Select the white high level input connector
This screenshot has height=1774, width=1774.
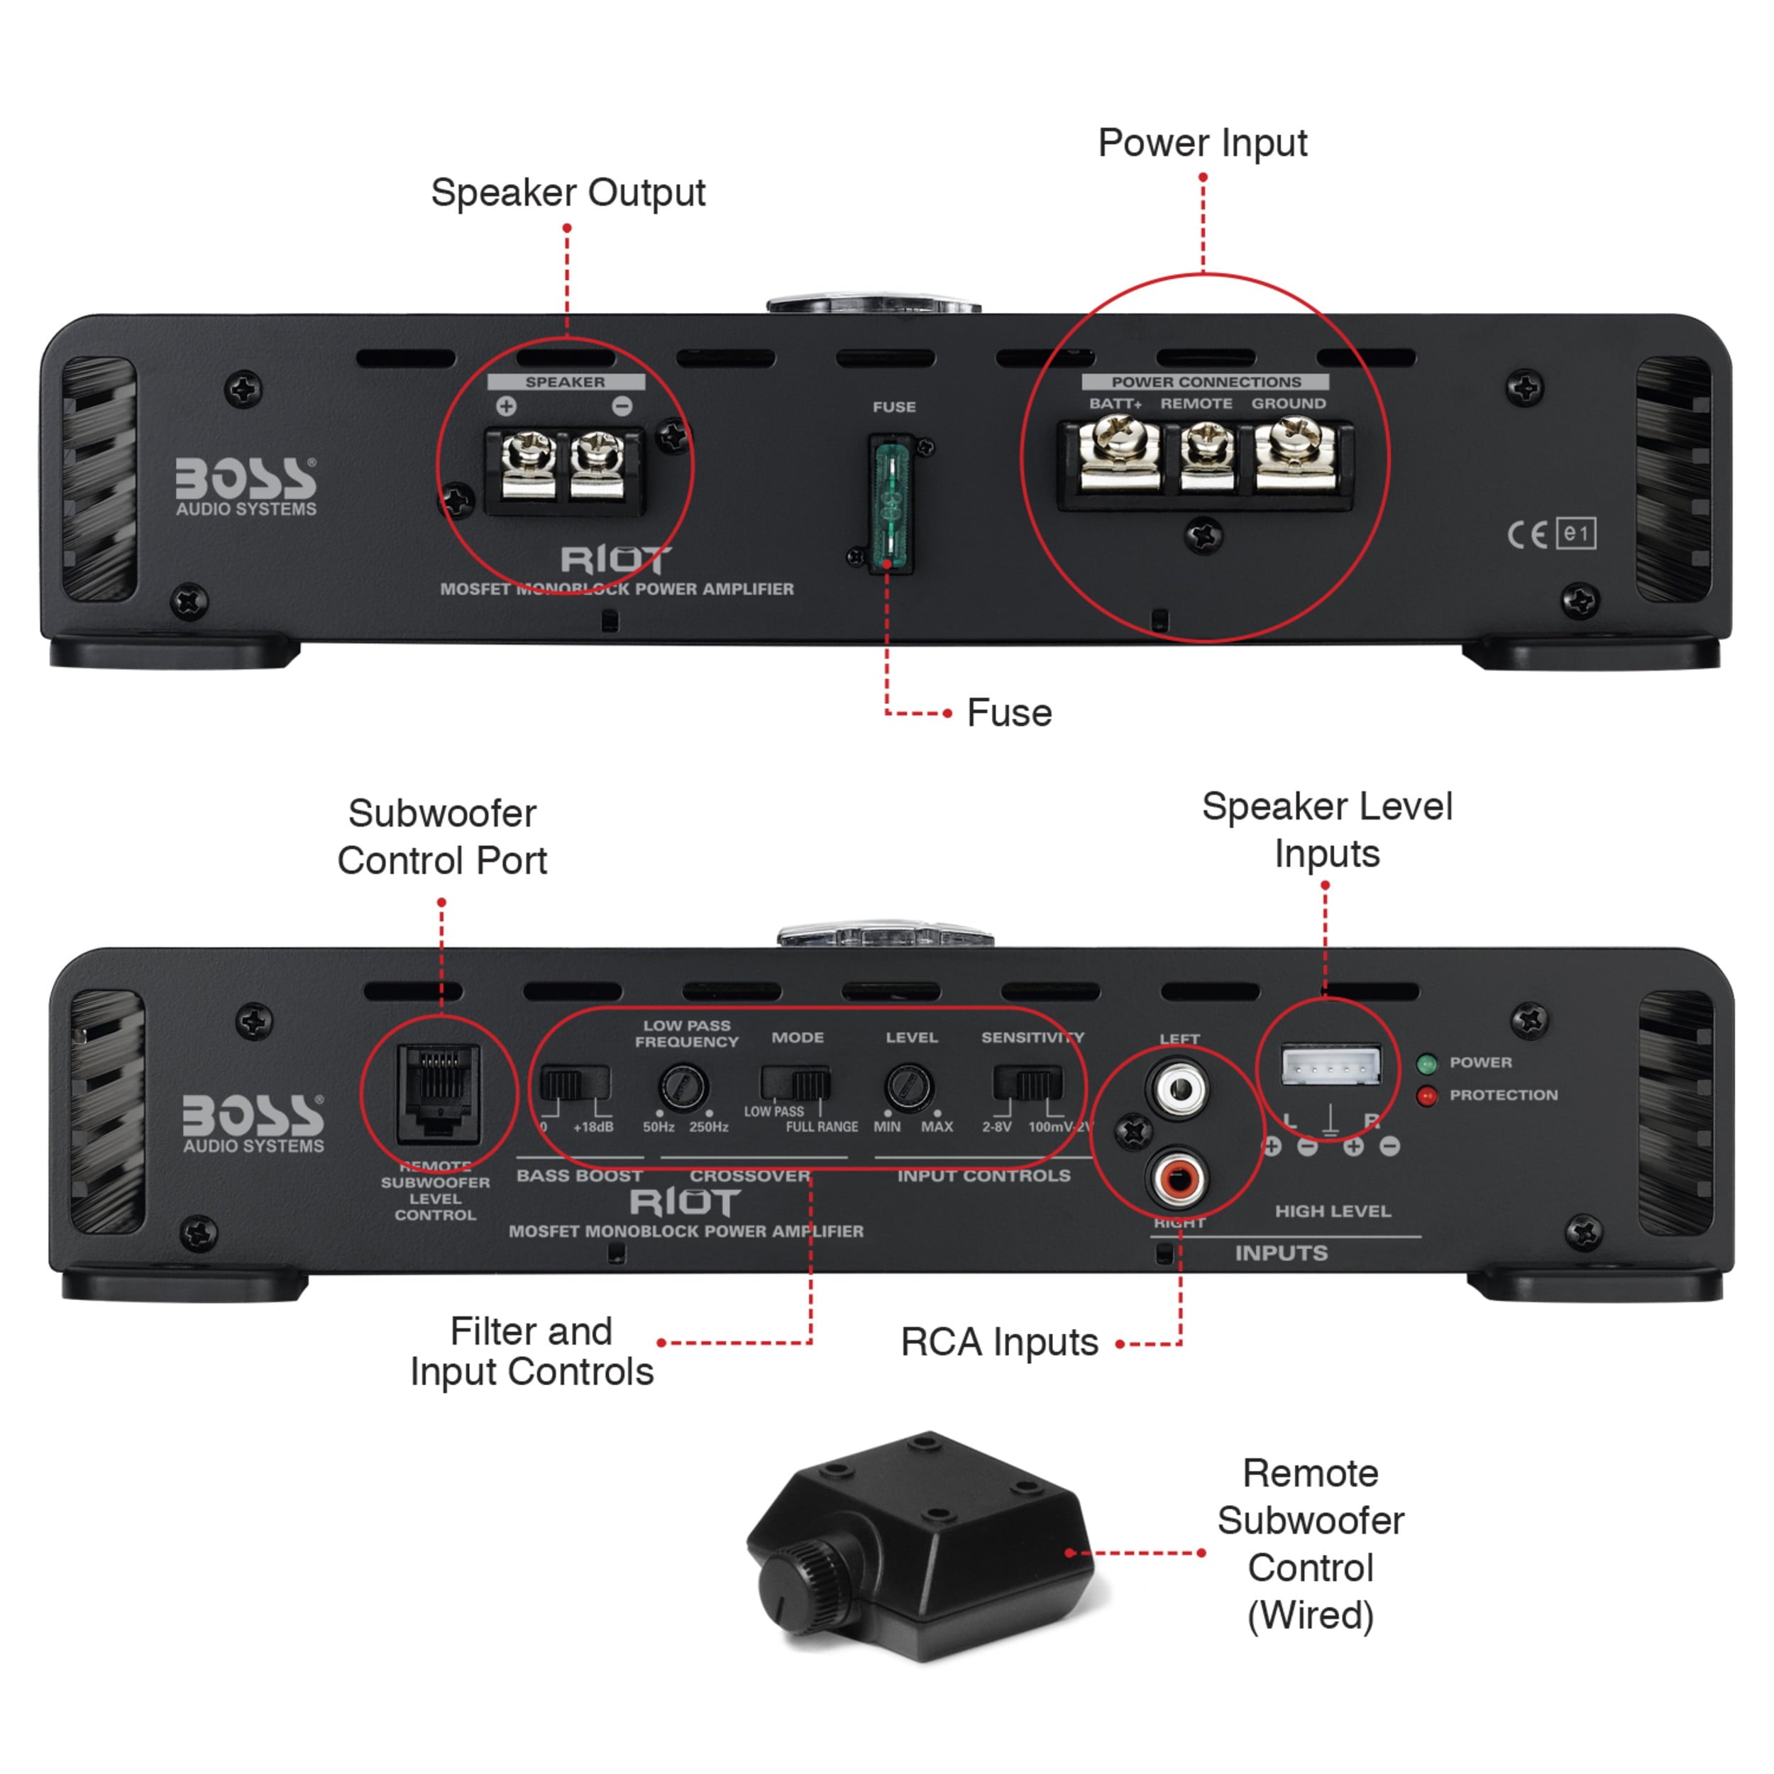coord(1330,1065)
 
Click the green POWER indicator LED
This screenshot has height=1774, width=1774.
coord(1427,1063)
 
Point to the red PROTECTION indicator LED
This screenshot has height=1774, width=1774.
coord(1427,1096)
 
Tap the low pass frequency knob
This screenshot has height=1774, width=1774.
coord(683,1087)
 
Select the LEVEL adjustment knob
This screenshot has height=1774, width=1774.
coord(909,1087)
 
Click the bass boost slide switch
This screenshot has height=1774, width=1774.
coord(574,1084)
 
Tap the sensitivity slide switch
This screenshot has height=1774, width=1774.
coord(1028,1084)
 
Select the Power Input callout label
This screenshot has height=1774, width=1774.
coord(1202,143)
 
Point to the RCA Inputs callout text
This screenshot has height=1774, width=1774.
coord(999,1343)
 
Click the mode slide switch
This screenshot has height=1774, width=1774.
coord(795,1084)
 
